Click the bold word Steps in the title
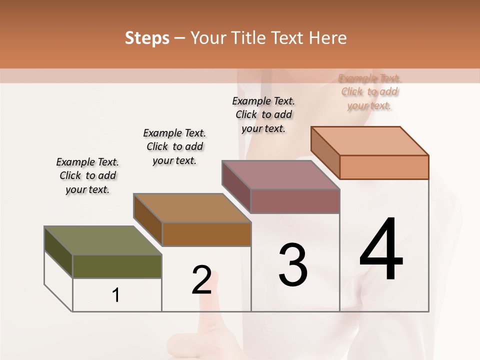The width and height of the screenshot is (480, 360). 147,38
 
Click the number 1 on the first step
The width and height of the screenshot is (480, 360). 116,295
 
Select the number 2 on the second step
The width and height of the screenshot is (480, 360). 201,280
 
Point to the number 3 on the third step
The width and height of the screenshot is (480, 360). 293,265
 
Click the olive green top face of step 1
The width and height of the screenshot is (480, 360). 102,240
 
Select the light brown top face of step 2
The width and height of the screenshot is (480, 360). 192,208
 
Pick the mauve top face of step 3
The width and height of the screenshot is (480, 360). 281,175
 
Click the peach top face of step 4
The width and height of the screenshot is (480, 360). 370,141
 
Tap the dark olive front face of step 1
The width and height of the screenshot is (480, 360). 117,266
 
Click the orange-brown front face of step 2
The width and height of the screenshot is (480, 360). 206,234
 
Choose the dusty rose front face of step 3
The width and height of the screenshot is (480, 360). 295,201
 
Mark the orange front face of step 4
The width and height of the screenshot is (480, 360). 384,167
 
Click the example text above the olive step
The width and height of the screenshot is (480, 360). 87,175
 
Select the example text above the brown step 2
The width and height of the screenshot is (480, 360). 174,146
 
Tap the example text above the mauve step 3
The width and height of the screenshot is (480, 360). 263,114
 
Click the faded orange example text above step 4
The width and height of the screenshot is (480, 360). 369,92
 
